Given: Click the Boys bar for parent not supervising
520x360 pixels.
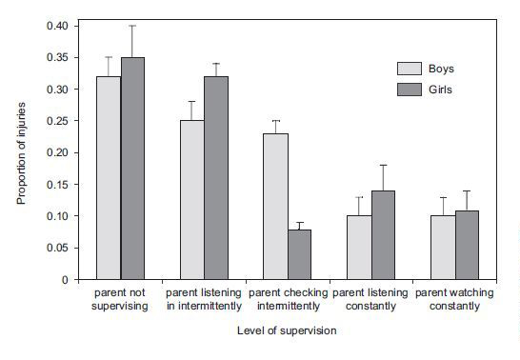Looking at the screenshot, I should point(108,178).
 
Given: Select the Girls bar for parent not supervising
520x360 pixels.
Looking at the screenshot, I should point(133,169).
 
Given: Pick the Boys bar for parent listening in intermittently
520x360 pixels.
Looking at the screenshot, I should point(191,200).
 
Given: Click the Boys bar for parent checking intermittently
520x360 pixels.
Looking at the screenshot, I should point(275,207).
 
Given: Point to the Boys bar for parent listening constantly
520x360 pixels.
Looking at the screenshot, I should point(359,248).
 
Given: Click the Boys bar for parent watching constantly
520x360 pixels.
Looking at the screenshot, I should point(443,248).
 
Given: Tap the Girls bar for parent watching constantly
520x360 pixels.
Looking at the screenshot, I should point(469,245).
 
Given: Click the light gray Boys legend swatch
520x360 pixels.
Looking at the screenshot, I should point(410,68).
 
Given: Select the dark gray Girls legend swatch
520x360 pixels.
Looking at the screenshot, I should point(410,89).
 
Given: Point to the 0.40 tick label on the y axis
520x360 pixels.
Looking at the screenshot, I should point(57,26).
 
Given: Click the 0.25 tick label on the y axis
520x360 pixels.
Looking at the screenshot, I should point(57,121).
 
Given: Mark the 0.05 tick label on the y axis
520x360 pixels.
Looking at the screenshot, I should point(57,248).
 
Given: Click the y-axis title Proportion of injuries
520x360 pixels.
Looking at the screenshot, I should point(21,152).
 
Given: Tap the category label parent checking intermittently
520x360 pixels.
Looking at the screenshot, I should point(288,300).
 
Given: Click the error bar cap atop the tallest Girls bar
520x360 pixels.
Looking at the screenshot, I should point(133,26).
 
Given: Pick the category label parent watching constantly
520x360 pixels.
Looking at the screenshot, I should point(455,300).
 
